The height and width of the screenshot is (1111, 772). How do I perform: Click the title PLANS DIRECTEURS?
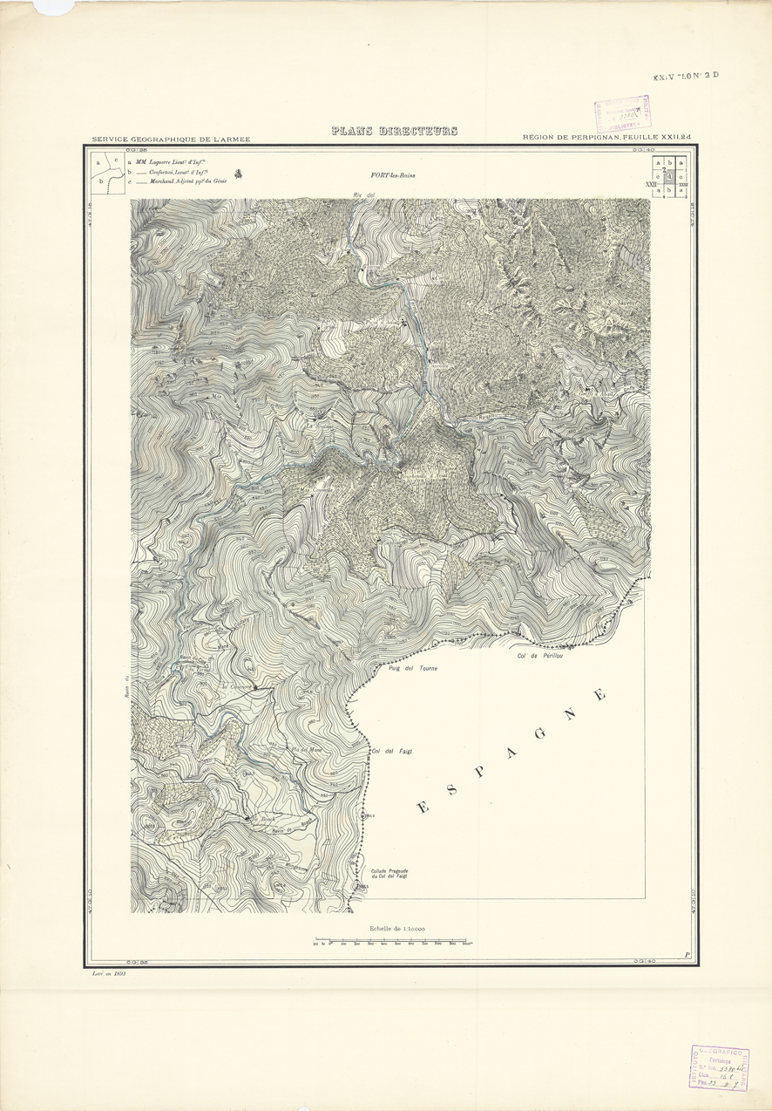point(394,132)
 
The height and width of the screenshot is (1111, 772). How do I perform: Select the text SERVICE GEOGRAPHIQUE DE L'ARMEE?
point(171,139)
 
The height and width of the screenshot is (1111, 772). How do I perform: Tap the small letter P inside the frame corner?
point(687,955)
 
